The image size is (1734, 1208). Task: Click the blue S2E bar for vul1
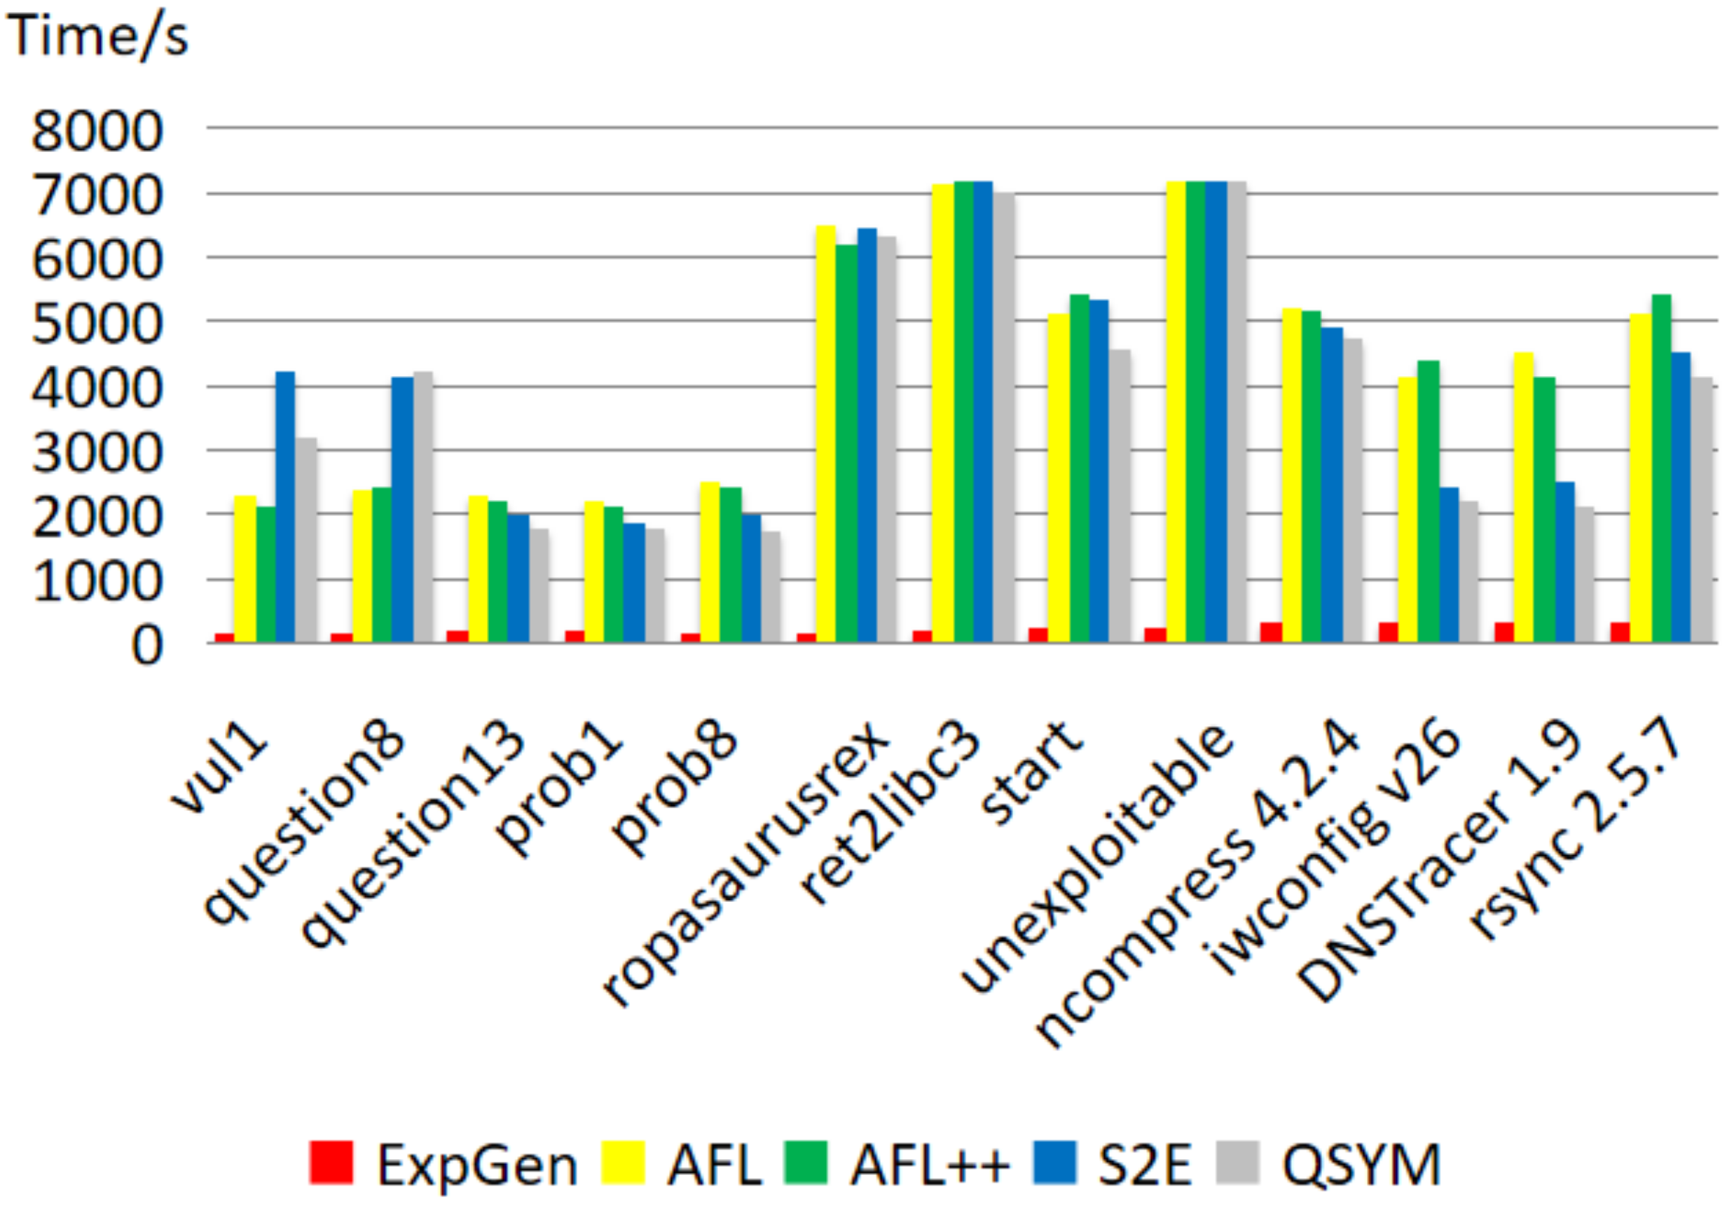[x=284, y=506]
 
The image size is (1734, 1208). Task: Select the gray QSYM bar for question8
[x=423, y=506]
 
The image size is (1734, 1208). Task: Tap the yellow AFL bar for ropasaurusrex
[x=825, y=434]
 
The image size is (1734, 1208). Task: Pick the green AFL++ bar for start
[x=1079, y=468]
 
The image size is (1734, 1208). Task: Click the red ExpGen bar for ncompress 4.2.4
[x=1271, y=632]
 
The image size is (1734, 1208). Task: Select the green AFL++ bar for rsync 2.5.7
[x=1660, y=468]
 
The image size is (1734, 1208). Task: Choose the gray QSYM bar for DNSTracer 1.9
[x=1583, y=574]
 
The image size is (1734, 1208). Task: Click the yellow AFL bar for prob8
[x=709, y=562]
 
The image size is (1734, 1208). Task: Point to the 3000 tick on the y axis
[x=97, y=453]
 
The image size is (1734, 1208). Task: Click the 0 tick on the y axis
[x=146, y=646]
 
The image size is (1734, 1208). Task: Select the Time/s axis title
[x=97, y=36]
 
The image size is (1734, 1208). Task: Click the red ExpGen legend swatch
[x=331, y=1162]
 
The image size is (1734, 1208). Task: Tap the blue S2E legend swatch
[x=1054, y=1162]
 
